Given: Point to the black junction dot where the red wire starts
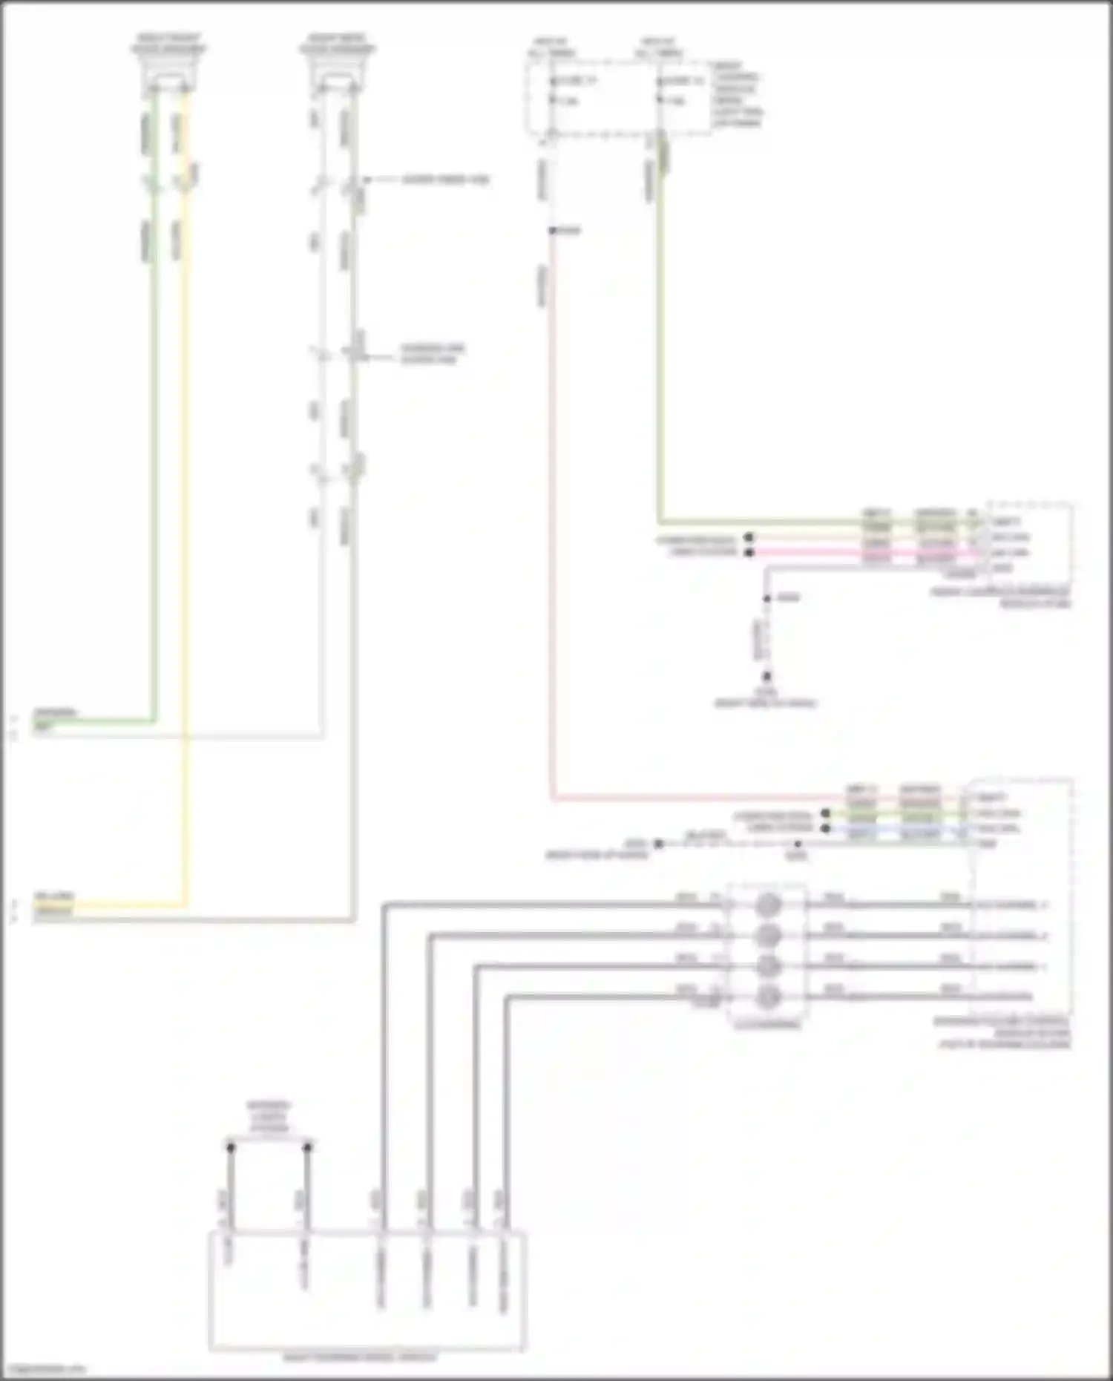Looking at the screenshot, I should pos(553,231).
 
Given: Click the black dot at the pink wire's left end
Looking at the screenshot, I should pos(749,553).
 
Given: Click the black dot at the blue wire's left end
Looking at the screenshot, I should pos(826,828).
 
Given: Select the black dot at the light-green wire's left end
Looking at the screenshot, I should pos(826,813).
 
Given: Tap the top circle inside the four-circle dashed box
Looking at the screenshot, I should pos(769,905).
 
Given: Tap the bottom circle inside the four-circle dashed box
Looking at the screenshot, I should pos(769,997).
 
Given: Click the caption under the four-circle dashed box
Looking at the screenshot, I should pos(767,1025).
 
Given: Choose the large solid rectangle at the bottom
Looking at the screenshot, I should pos(367,1291).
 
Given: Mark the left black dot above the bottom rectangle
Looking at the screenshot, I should pos(231,1148).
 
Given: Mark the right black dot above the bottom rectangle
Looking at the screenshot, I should pos(307,1148).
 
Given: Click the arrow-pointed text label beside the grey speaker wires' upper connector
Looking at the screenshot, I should pos(446,180).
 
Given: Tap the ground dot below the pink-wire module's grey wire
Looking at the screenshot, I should pos(767,676).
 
